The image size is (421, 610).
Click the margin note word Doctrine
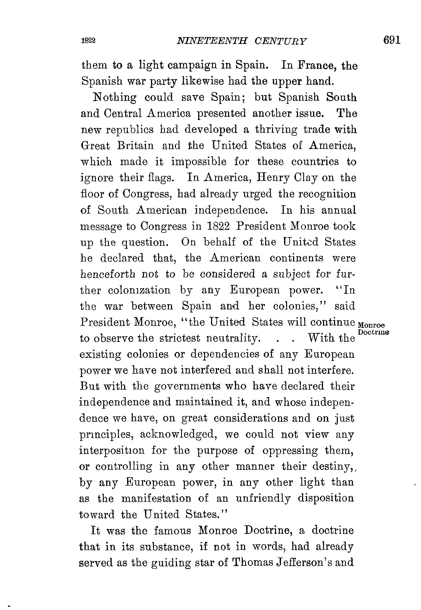374,332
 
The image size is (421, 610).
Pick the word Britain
135,145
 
